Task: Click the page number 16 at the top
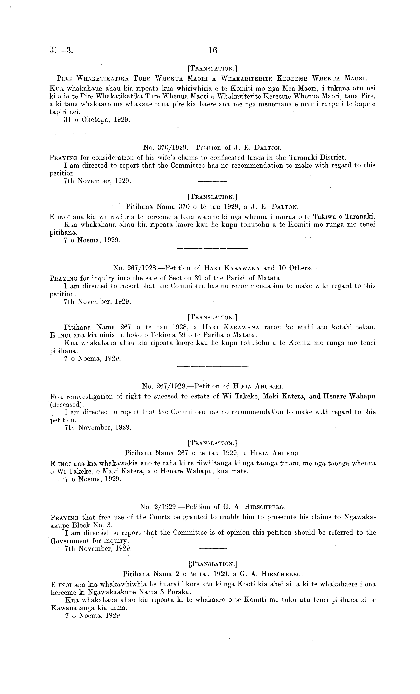[x=213, y=51]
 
